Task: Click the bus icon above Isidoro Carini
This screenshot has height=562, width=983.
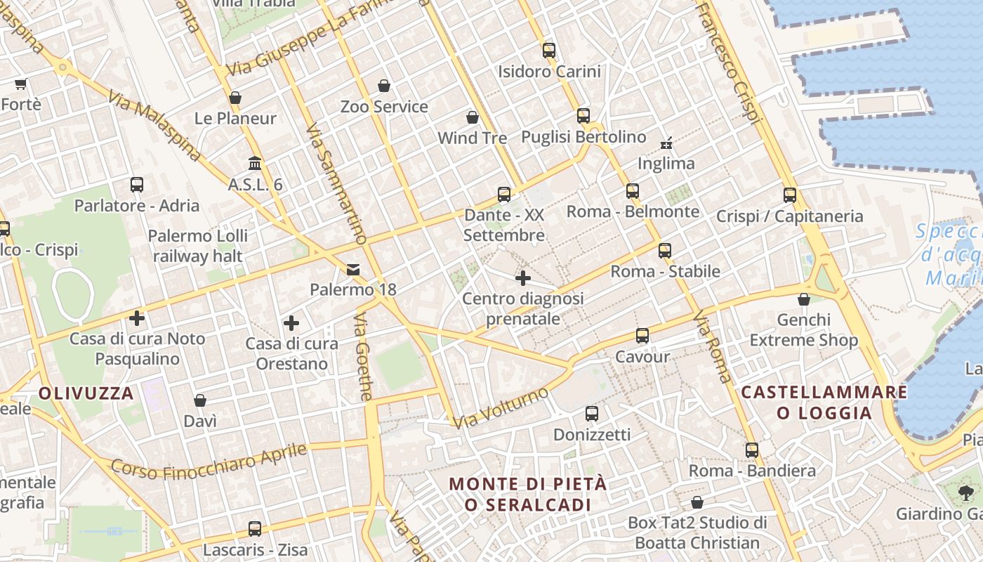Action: coord(549,51)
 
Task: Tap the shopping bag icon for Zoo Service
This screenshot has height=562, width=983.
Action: coord(384,86)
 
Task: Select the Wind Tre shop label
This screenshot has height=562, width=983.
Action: coord(472,138)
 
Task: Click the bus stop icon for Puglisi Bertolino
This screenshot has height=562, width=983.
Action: coord(583,116)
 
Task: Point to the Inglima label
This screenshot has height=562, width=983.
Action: coord(666,164)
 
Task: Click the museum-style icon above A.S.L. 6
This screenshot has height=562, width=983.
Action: coord(255,164)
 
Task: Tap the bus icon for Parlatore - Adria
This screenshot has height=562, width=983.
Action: coord(137,185)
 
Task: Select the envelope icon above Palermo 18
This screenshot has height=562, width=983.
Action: coord(352,269)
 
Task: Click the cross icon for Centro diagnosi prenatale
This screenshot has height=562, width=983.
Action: coord(523,278)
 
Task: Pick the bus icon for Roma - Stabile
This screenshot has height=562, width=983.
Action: coord(665,250)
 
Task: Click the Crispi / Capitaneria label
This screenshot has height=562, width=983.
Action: coord(789,216)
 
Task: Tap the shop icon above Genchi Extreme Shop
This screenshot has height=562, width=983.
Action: coord(804,300)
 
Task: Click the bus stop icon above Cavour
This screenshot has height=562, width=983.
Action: coord(642,336)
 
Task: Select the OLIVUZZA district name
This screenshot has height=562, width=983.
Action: coord(86,393)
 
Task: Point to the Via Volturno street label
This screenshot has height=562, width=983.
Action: coord(500,408)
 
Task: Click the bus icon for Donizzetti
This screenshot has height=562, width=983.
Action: coord(592,414)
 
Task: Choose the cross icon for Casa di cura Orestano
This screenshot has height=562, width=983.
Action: coord(291,323)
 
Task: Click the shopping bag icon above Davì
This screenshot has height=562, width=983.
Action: coord(200,400)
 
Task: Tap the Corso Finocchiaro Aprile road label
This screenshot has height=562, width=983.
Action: coord(209,462)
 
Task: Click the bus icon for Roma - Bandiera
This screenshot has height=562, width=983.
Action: coord(752,450)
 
